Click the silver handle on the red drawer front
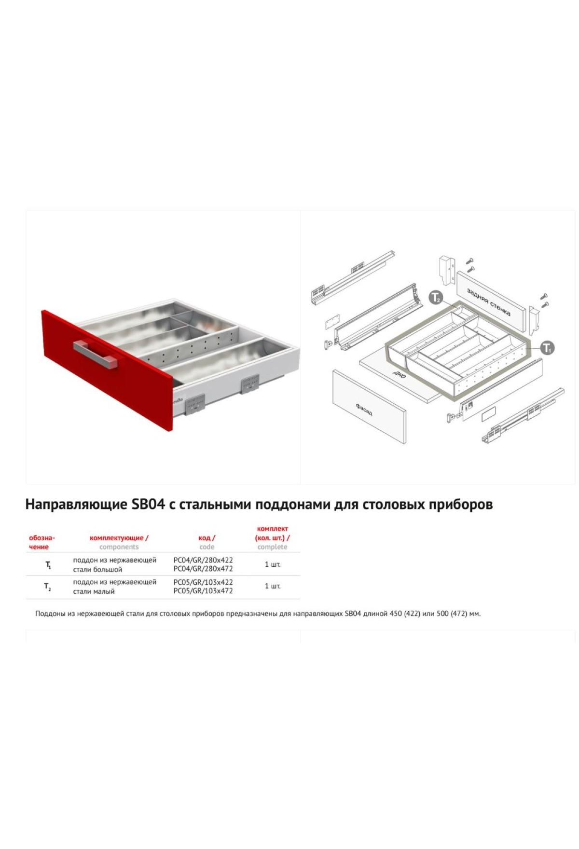pyautogui.click(x=95, y=354)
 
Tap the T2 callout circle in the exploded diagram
pyautogui.click(x=436, y=298)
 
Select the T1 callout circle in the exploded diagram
pyautogui.click(x=547, y=348)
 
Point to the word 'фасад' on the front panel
pyautogui.click(x=364, y=410)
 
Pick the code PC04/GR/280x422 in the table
pyautogui.click(x=203, y=560)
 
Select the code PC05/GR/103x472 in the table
pyautogui.click(x=203, y=591)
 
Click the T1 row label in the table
pyautogui.click(x=48, y=565)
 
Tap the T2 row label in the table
pyautogui.click(x=48, y=587)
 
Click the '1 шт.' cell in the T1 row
pyautogui.click(x=273, y=564)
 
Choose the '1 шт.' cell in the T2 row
pyautogui.click(x=273, y=586)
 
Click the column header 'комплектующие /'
pyautogui.click(x=119, y=538)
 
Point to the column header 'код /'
pyautogui.click(x=207, y=538)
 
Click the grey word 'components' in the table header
pyautogui.click(x=119, y=547)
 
